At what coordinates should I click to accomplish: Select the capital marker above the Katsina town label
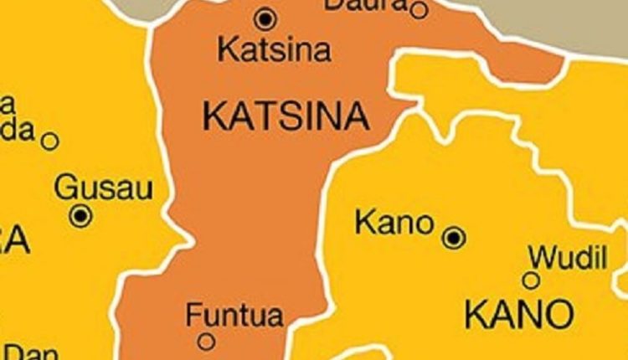pyautogui.click(x=265, y=18)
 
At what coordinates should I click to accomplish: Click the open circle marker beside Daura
pyautogui.click(x=419, y=10)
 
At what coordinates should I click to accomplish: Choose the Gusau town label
pyautogui.click(x=103, y=188)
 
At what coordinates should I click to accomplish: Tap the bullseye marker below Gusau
pyautogui.click(x=81, y=216)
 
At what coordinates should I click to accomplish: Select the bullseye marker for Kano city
pyautogui.click(x=454, y=238)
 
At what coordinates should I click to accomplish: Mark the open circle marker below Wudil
pyautogui.click(x=531, y=280)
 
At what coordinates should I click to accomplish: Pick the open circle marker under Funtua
pyautogui.click(x=206, y=341)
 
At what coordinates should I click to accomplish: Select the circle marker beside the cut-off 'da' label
pyautogui.click(x=50, y=141)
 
